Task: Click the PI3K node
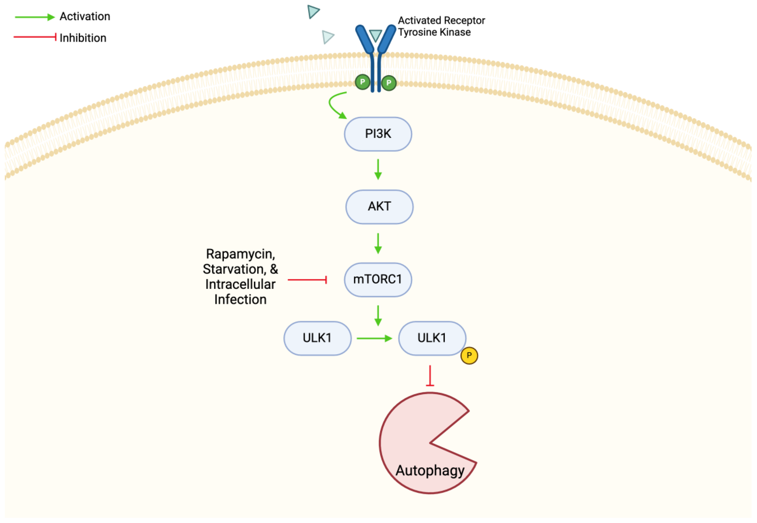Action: [378, 134]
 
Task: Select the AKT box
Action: [379, 207]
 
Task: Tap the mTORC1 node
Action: [378, 279]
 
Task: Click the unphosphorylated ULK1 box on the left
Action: [317, 338]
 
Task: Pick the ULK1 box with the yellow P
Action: [432, 338]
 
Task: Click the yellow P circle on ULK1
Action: [469, 356]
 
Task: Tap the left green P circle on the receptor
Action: [362, 82]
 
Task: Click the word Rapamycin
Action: [240, 254]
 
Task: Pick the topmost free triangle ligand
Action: [313, 12]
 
